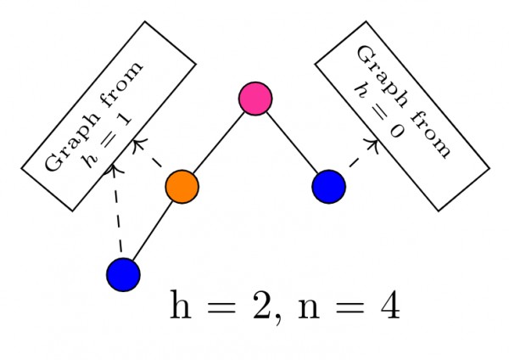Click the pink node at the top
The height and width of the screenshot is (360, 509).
click(255, 98)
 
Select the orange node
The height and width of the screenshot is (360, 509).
click(182, 186)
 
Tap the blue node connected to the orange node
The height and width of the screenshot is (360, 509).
click(123, 273)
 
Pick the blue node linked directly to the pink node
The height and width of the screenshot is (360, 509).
click(328, 187)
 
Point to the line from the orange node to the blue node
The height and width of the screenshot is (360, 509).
click(153, 229)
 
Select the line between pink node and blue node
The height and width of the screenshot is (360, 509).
click(292, 143)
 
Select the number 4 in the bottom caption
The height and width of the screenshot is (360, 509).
click(389, 307)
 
